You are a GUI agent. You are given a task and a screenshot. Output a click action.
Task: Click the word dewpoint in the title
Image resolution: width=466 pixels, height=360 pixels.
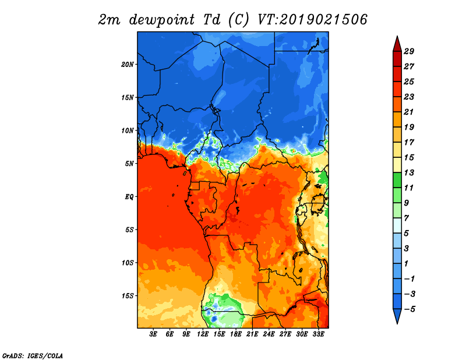click(x=162, y=20)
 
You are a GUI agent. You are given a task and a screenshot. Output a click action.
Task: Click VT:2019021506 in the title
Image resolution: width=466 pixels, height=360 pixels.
click(x=312, y=20)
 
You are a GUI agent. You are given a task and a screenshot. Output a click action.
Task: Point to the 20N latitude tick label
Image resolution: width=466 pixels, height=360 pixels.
click(x=127, y=65)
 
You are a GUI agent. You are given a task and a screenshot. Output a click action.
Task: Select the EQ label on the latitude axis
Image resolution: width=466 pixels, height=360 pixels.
click(x=129, y=197)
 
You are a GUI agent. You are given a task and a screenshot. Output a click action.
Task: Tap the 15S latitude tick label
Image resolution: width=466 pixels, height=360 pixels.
click(x=128, y=296)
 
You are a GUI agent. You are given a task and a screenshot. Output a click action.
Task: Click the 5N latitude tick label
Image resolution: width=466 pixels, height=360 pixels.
click(x=129, y=164)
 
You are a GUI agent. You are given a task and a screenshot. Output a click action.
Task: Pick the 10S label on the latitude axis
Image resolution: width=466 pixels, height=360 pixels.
click(x=128, y=263)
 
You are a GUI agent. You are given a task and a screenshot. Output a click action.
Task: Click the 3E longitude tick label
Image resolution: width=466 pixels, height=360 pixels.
click(x=153, y=334)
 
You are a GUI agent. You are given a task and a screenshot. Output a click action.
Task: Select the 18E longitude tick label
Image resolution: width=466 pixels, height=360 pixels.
click(x=236, y=334)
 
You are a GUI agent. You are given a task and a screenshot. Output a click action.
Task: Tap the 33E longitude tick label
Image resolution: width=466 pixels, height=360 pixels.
click(x=318, y=334)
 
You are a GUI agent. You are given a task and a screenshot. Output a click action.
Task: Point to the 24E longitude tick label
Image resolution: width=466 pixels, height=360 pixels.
click(x=269, y=334)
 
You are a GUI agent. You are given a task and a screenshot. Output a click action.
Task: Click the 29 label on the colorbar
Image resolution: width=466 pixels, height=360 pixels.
click(x=409, y=51)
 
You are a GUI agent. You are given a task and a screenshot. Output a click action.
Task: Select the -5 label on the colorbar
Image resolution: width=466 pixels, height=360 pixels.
click(x=409, y=309)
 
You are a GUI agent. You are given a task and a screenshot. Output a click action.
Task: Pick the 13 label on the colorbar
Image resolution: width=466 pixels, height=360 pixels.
click(x=409, y=172)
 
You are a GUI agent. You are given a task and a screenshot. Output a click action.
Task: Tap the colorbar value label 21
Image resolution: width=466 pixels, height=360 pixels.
click(x=409, y=112)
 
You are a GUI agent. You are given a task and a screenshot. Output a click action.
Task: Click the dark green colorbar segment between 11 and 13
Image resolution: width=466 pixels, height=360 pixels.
click(x=397, y=180)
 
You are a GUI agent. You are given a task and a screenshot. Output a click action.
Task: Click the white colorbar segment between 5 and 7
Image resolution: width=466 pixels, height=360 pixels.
click(x=397, y=225)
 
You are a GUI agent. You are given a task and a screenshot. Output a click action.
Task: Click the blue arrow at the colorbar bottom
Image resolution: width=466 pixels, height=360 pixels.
click(x=397, y=316)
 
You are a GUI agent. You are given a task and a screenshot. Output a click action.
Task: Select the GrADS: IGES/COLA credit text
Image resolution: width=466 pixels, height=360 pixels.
click(x=33, y=355)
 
